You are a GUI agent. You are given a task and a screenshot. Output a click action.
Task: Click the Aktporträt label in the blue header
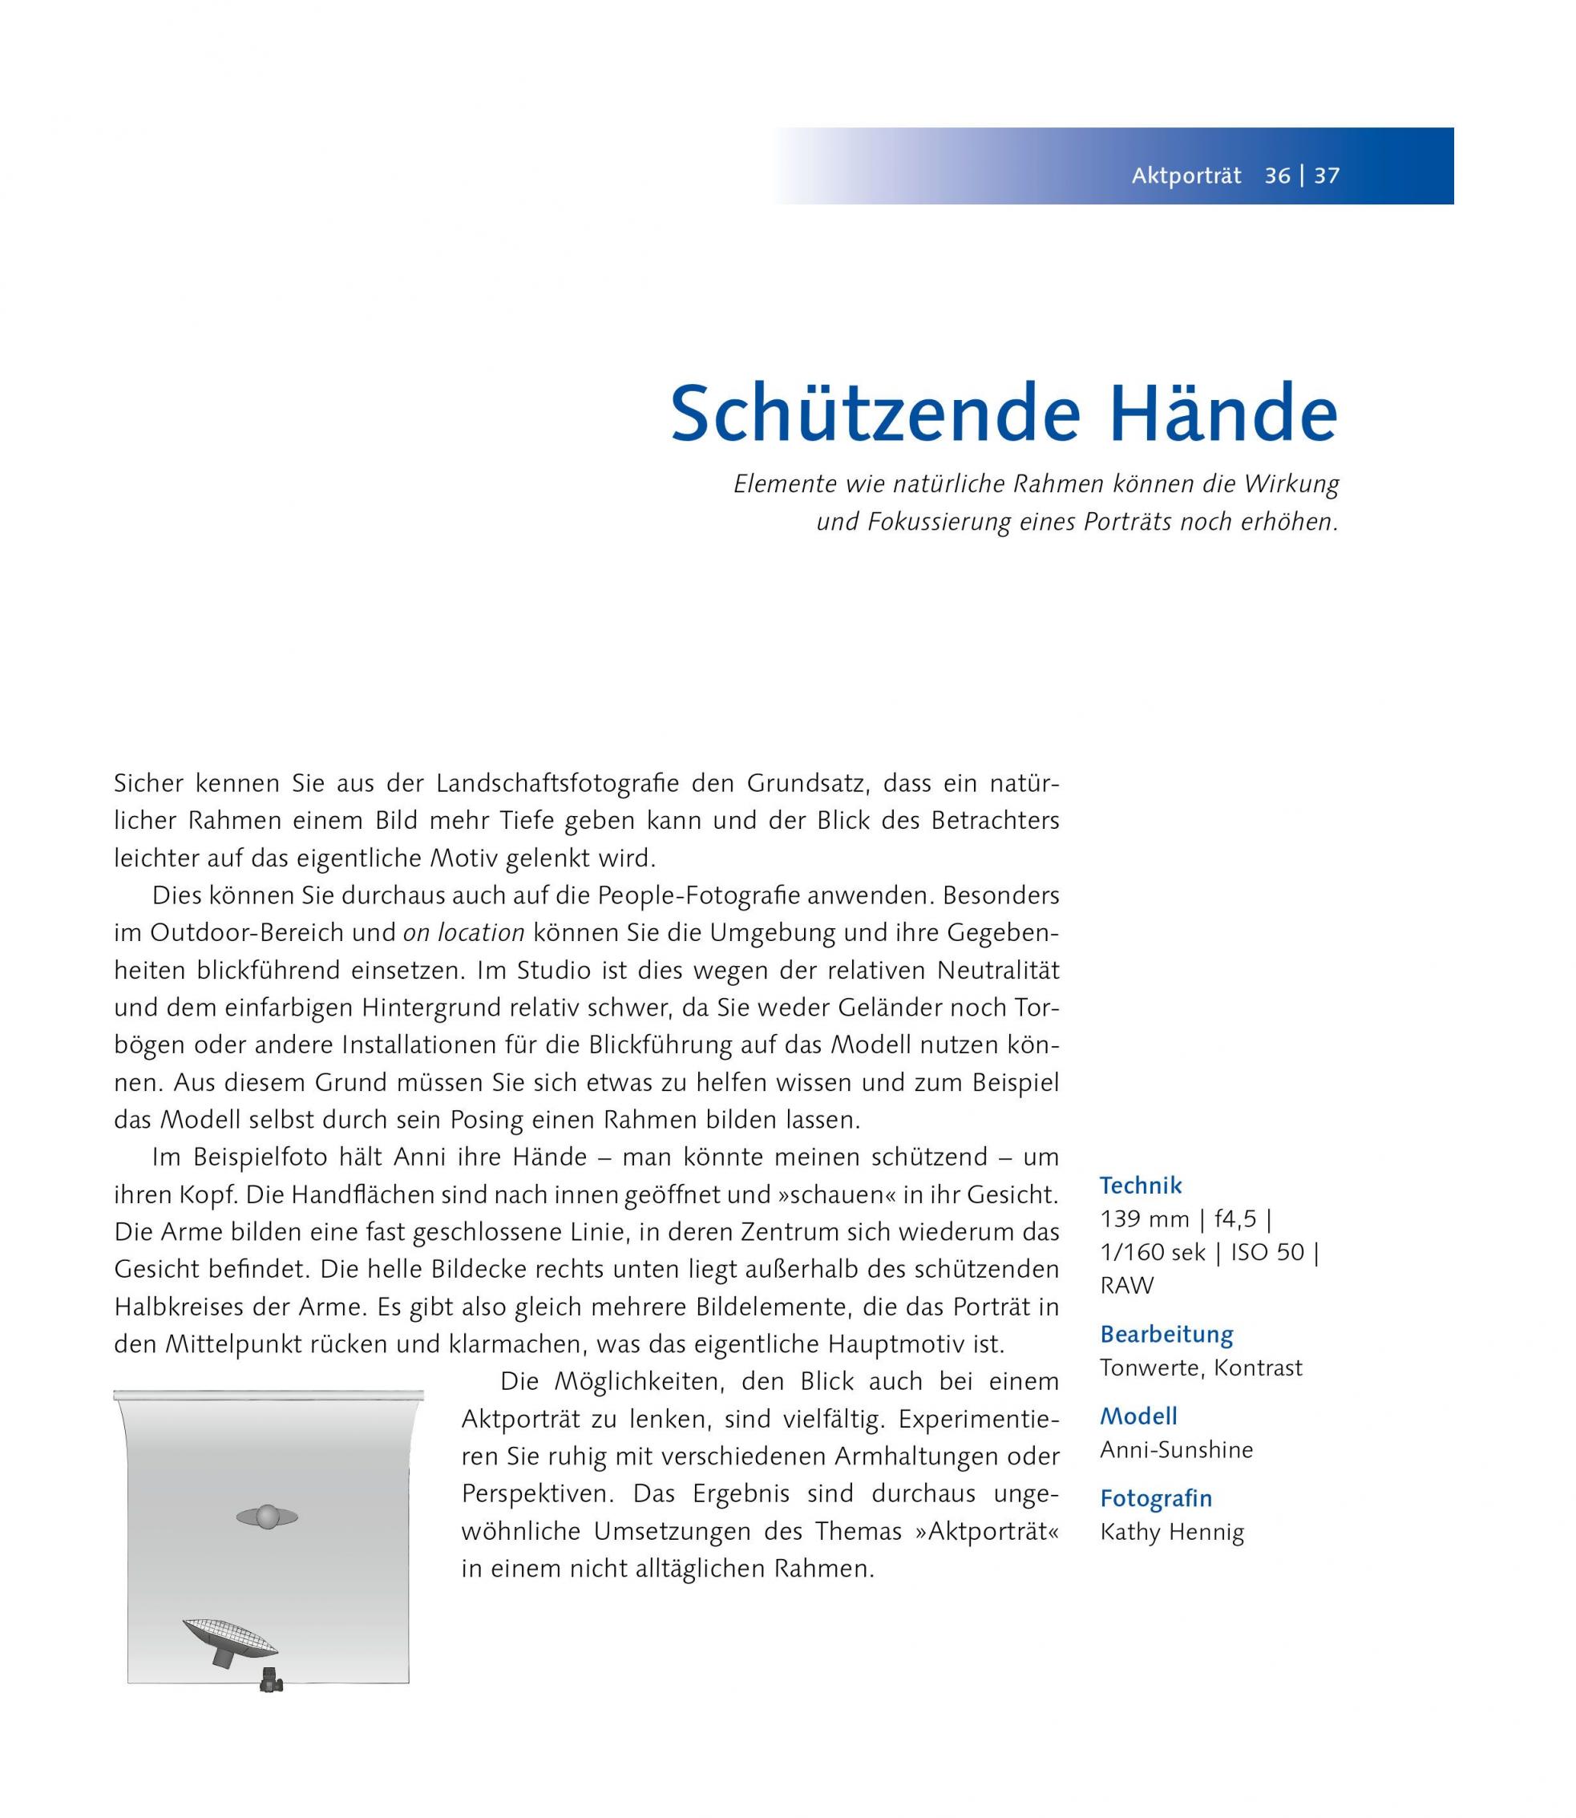1186,176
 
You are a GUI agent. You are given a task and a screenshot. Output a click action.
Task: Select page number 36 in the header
1277,176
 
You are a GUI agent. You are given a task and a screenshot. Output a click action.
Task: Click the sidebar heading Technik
1141,1186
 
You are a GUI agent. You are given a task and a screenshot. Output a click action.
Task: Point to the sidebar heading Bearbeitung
1166,1335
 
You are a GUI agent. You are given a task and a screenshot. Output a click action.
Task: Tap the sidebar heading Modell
1138,1416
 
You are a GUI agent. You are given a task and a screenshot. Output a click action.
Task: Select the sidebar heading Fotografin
1156,1498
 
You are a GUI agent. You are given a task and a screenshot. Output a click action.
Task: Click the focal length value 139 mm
1145,1219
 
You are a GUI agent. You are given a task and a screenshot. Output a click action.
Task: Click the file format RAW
1126,1286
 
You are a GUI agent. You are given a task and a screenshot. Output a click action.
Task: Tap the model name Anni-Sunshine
1176,1449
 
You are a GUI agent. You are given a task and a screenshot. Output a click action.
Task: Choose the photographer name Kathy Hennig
1171,1532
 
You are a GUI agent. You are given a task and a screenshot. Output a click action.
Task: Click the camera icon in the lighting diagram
271,1681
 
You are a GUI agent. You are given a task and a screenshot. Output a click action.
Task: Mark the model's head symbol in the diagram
268,1517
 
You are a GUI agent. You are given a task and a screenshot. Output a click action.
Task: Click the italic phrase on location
463,933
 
